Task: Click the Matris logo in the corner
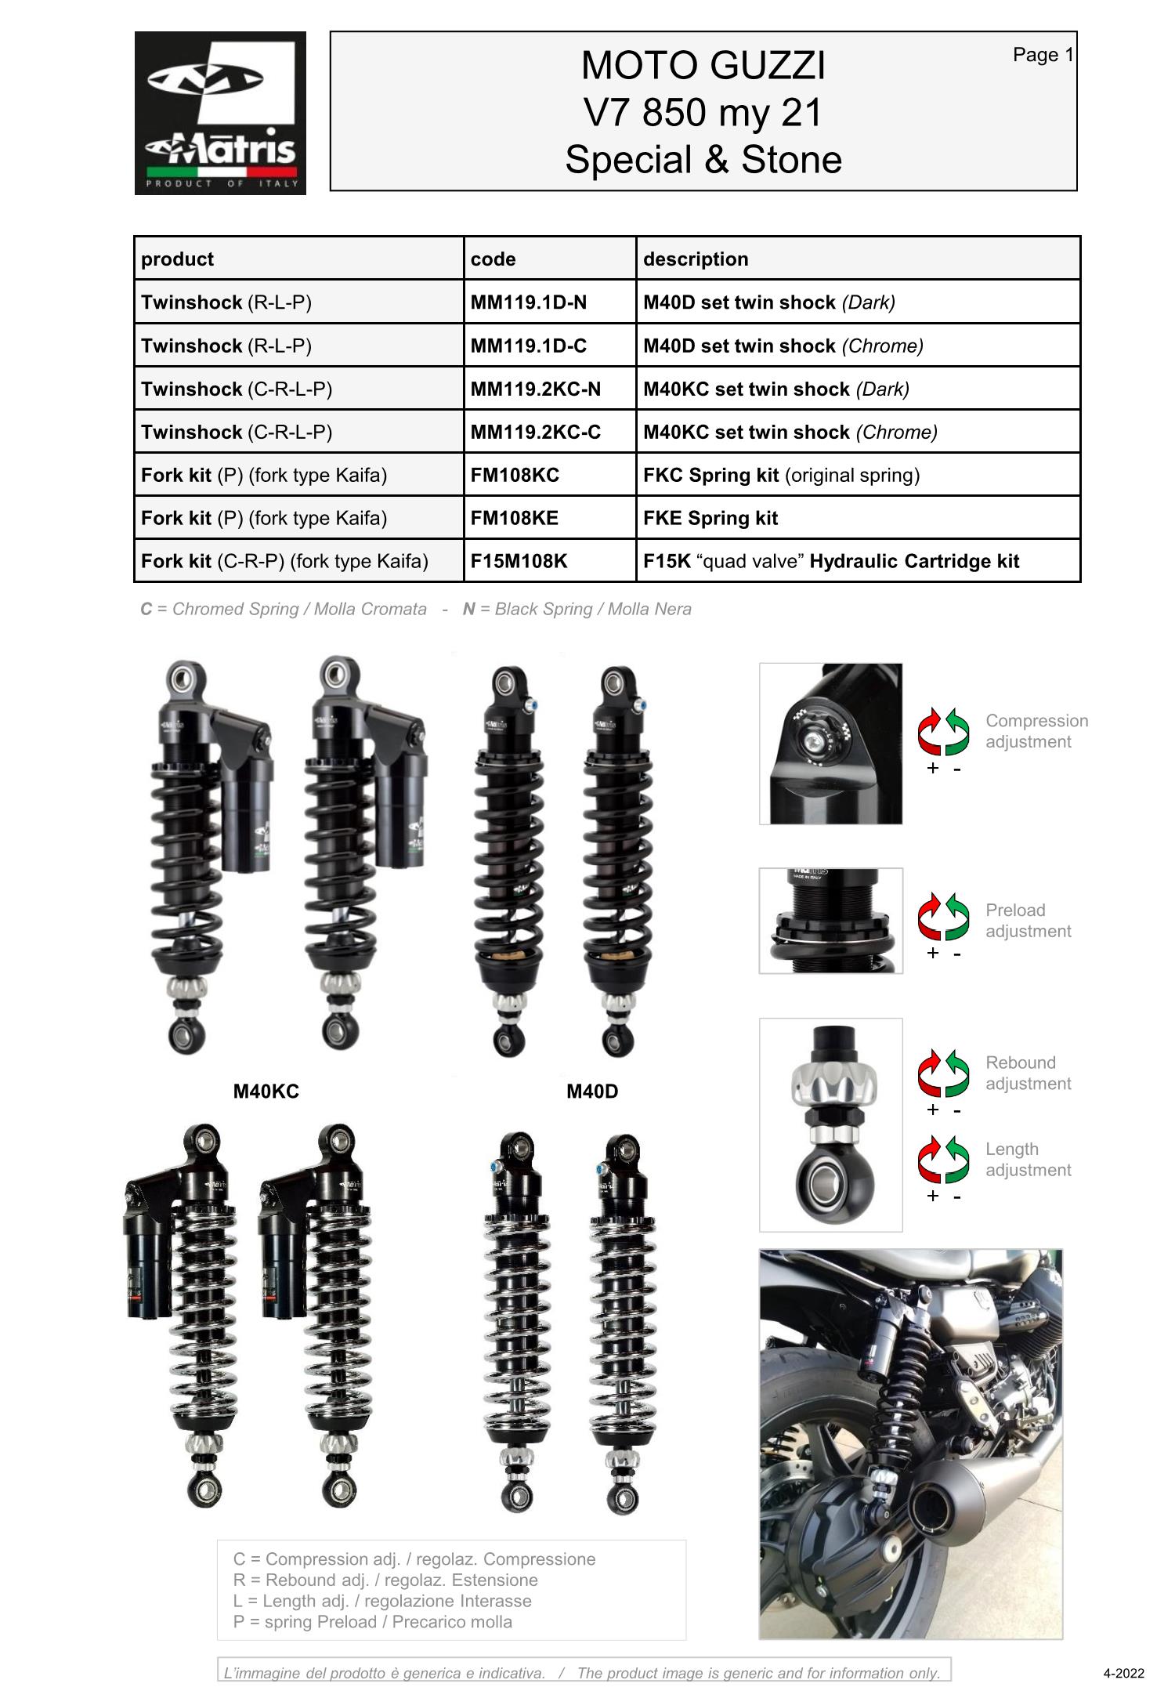click(x=220, y=113)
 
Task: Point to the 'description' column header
click(x=696, y=259)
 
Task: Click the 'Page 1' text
click(x=1043, y=55)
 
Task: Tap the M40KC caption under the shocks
click(x=266, y=1092)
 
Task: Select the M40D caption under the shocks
click(x=592, y=1092)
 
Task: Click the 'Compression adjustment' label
click(x=1036, y=731)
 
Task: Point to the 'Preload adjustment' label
click(x=1028, y=921)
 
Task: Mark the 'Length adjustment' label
click(x=1028, y=1160)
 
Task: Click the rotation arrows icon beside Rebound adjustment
click(x=943, y=1073)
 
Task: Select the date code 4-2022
click(x=1123, y=1673)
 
